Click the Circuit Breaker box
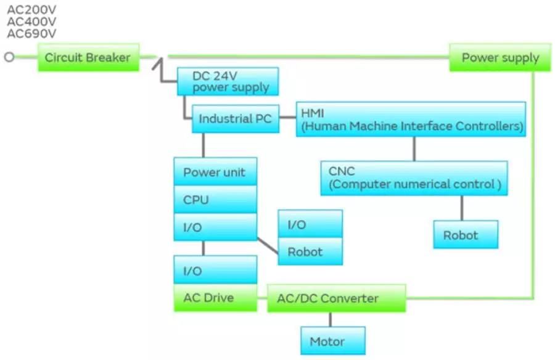(88, 57)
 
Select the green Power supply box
(500, 57)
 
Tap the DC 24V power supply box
(228, 81)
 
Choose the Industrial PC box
(235, 119)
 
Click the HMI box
(411, 119)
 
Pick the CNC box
(414, 178)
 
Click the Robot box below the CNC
(465, 235)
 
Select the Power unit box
(215, 172)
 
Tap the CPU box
(215, 200)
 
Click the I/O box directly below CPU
(215, 227)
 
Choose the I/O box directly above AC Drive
(215, 271)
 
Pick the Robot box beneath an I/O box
(310, 252)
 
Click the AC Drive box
(215, 298)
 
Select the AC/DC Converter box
(336, 298)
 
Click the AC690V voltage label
(31, 34)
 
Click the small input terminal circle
(9, 57)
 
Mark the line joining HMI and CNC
(414, 149)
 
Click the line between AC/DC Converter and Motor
(331, 319)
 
